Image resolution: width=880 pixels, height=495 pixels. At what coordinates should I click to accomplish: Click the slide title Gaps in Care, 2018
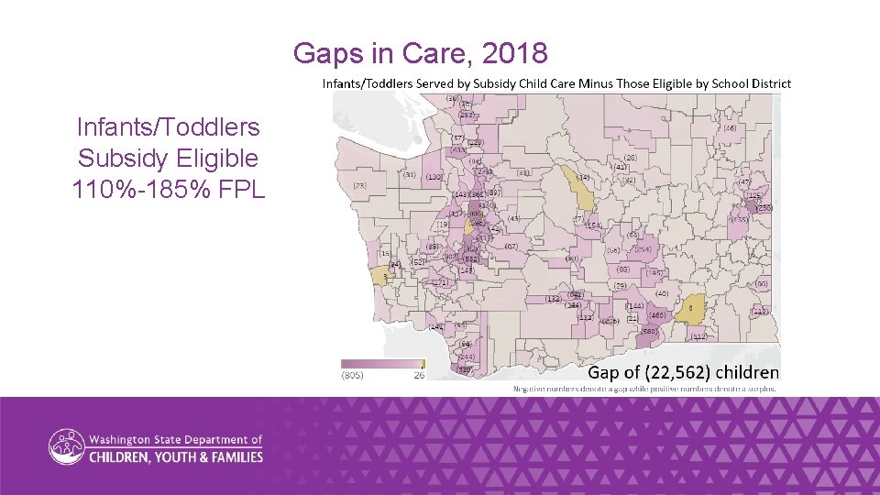click(x=420, y=54)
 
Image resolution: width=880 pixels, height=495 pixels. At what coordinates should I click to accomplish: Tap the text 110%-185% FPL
click(x=168, y=190)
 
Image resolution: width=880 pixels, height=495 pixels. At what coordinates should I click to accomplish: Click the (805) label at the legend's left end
click(x=352, y=374)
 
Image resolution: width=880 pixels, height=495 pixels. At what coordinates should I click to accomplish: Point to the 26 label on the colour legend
click(x=418, y=374)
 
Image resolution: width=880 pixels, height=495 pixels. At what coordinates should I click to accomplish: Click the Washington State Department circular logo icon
click(x=67, y=447)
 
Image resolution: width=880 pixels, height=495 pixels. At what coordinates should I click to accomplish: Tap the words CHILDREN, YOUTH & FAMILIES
click(x=176, y=456)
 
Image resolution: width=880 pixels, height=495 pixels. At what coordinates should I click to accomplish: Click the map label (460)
click(x=656, y=314)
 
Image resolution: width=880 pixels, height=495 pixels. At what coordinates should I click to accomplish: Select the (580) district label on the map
click(x=650, y=331)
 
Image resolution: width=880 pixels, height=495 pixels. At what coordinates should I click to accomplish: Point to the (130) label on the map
click(x=434, y=176)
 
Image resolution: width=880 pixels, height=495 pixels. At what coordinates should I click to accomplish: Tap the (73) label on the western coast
click(x=359, y=185)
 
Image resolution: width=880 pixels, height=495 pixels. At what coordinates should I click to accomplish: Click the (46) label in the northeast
click(x=730, y=129)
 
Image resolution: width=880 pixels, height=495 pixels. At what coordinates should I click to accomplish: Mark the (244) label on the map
click(x=467, y=357)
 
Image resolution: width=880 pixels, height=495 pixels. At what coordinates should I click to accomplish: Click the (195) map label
click(x=654, y=272)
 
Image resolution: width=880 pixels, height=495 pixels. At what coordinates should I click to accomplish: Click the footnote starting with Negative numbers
click(x=644, y=389)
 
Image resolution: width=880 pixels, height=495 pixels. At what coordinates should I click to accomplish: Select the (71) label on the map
click(x=441, y=282)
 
